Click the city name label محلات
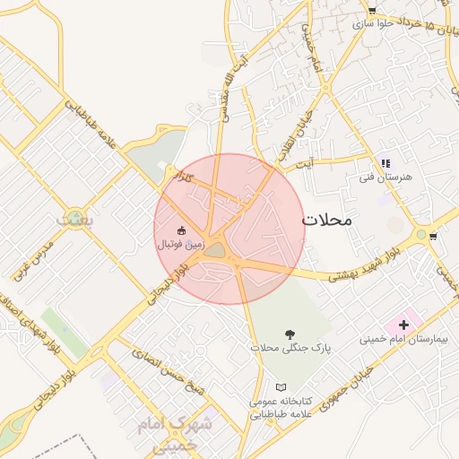pos(327,220)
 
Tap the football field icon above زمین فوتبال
pos(182,230)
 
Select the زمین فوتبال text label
pos(182,244)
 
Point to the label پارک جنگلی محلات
pos(289,348)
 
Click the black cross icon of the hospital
pos(403,323)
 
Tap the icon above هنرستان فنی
pos(386,163)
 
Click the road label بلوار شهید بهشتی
pos(361,268)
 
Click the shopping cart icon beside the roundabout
pos(434,237)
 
